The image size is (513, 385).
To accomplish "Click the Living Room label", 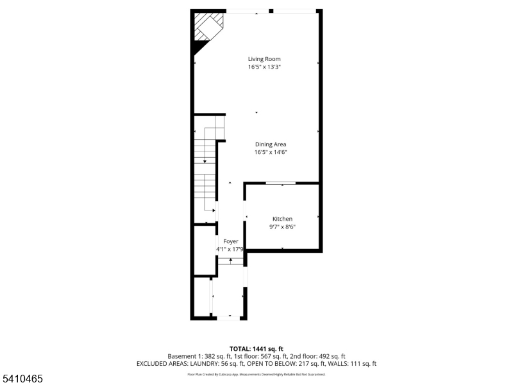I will click(x=264, y=59).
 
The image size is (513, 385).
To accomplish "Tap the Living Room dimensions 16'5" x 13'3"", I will click(x=264, y=67).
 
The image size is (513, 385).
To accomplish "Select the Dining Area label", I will click(x=270, y=144).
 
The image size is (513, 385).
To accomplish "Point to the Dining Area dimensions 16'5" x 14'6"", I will click(x=270, y=152).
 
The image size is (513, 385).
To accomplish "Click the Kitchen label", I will click(x=282, y=219).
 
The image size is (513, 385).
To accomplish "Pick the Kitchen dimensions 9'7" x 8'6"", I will click(x=282, y=227).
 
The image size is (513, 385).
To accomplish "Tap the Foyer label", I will click(x=230, y=241).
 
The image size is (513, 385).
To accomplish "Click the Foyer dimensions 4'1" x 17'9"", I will click(x=230, y=249).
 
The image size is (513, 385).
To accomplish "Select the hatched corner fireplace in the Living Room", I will click(x=209, y=26).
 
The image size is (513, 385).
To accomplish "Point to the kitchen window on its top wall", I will click(x=281, y=184).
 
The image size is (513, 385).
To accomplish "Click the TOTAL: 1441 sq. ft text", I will click(x=256, y=348).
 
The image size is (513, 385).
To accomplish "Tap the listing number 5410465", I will click(x=22, y=379).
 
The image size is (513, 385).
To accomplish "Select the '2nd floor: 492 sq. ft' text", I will click(x=321, y=356).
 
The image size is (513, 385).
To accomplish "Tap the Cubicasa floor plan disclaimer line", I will click(x=256, y=374).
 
